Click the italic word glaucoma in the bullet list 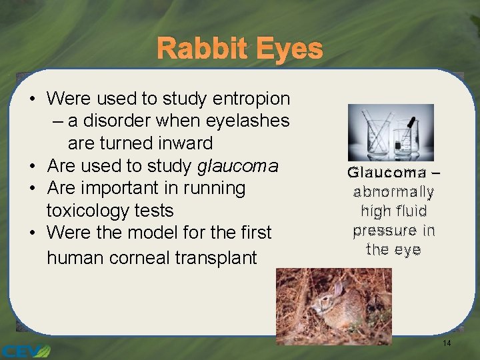point(238,165)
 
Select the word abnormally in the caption point(394,192)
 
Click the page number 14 point(447,343)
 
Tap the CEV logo point(25,350)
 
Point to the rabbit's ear point(338,289)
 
